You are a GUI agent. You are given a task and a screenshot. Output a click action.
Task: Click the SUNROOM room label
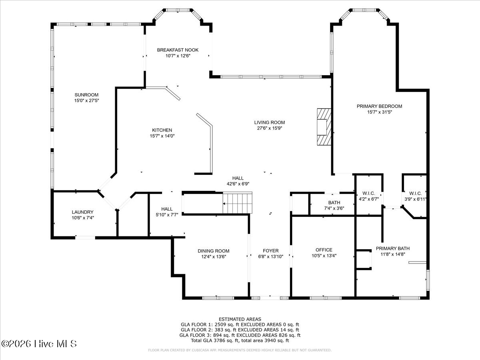[x=86, y=95]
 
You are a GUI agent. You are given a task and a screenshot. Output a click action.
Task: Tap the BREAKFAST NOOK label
[x=178, y=50]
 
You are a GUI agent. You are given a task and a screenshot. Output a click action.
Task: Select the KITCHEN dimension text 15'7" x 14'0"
[x=162, y=136]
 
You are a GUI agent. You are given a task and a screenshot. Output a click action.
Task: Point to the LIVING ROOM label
[x=270, y=122]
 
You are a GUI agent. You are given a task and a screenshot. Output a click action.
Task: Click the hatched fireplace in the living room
[x=324, y=127]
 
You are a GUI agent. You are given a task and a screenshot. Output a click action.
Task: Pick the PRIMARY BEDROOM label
[x=380, y=106]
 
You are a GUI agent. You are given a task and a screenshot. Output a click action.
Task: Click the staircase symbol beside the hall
[x=238, y=203]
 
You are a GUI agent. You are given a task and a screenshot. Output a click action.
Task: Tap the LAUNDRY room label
[x=83, y=212]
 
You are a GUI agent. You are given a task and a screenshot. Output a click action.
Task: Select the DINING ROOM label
[x=214, y=251]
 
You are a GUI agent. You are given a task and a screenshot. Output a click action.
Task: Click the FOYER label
[x=271, y=251]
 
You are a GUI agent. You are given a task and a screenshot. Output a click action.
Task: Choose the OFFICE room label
[x=324, y=250]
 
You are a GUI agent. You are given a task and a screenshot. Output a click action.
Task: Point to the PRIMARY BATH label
[x=393, y=248]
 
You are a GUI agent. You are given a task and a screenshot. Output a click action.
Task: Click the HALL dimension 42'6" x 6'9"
[x=238, y=184]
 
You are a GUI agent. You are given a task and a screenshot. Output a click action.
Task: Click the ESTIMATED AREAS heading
[x=240, y=319]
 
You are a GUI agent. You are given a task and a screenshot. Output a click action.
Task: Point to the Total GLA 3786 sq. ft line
[x=240, y=340]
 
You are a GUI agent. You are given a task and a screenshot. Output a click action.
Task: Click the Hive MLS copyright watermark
[x=39, y=344]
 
